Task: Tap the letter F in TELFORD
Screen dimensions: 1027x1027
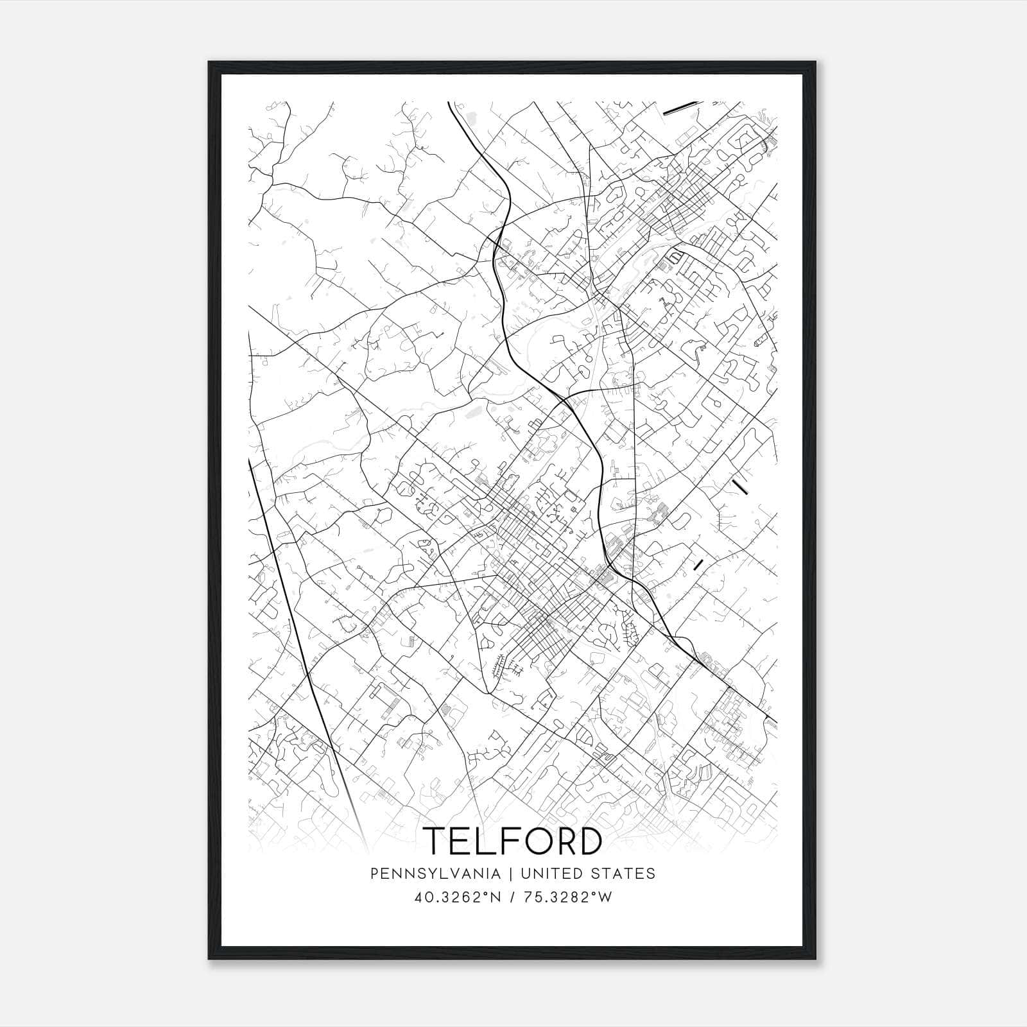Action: tap(503, 841)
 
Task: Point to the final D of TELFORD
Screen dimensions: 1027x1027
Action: tap(589, 841)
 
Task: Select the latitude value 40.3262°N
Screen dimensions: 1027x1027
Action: tap(456, 897)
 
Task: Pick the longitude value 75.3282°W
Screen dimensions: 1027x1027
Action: tap(565, 897)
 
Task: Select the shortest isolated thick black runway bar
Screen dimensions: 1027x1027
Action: tap(699, 564)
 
